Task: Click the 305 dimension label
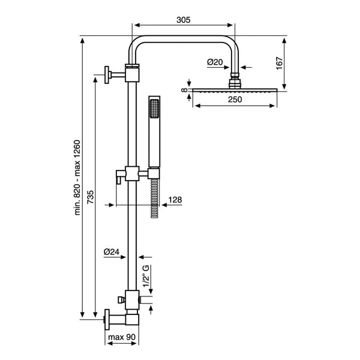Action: [184, 20]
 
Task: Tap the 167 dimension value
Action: [280, 63]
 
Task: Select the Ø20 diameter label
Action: [215, 62]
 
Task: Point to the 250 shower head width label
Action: [235, 100]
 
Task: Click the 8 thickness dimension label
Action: [184, 90]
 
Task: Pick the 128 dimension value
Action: [175, 200]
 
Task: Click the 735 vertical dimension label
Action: [91, 197]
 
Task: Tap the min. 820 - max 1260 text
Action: [77, 177]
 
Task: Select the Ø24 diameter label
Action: [112, 252]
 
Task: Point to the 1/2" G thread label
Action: [146, 276]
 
